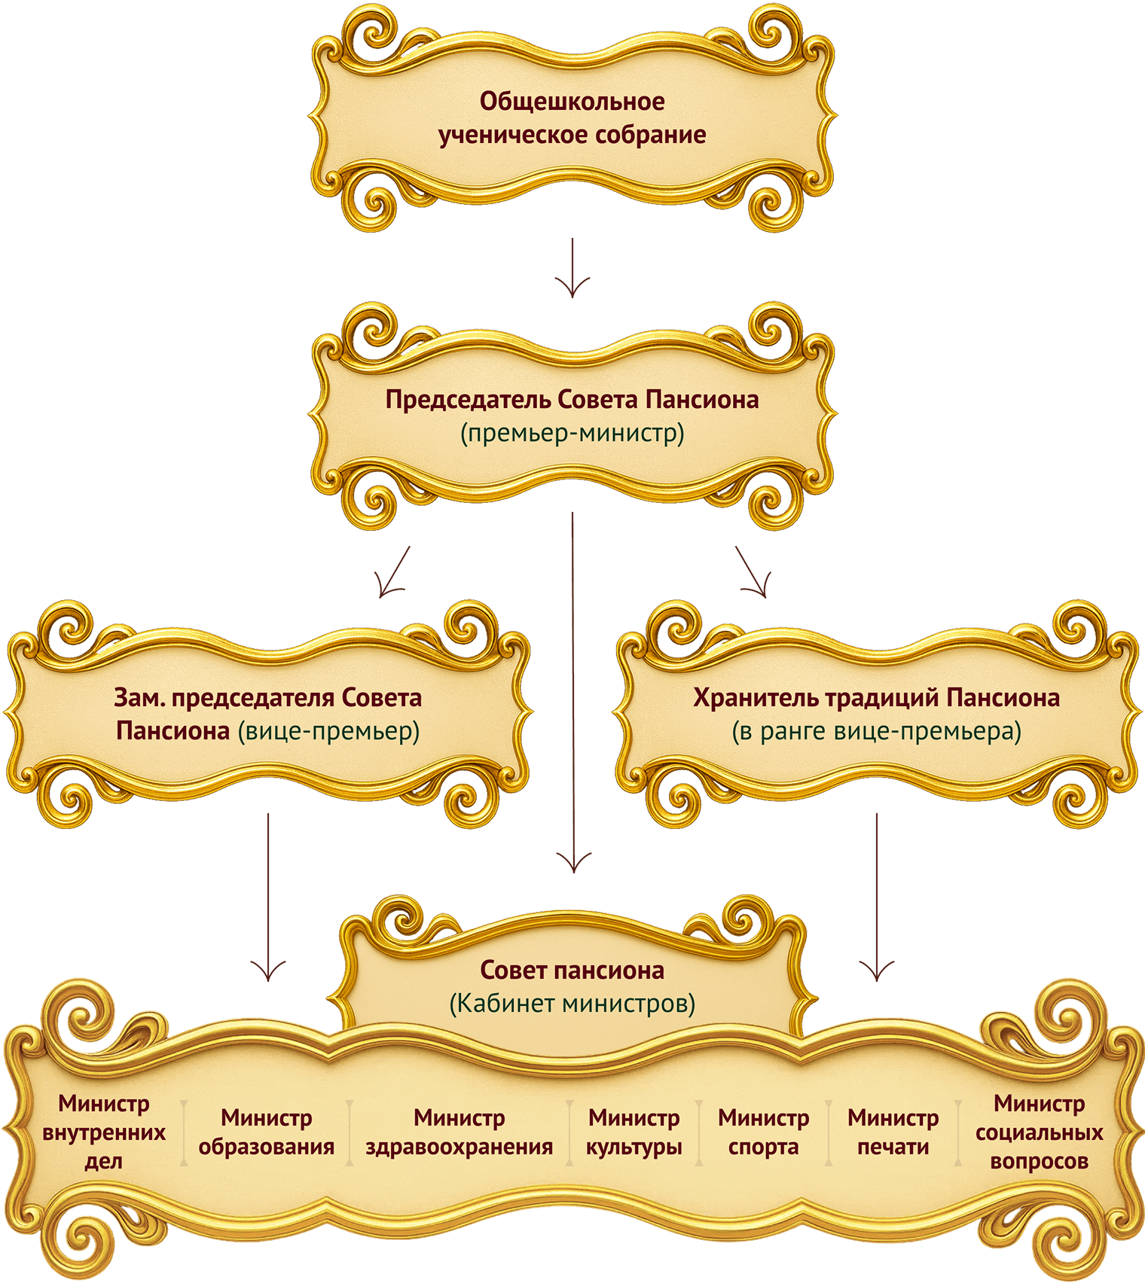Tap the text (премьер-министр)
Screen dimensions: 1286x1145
click(572, 433)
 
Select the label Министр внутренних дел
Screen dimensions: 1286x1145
click(104, 1132)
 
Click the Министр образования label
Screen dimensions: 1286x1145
click(266, 1132)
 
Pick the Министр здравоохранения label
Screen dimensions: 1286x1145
click(459, 1132)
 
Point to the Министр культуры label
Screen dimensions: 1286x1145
click(634, 1132)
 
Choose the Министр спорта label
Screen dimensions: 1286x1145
click(763, 1132)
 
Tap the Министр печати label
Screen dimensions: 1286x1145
click(893, 1132)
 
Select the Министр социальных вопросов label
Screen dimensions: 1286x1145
click(1039, 1132)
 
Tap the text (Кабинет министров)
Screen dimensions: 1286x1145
click(572, 1004)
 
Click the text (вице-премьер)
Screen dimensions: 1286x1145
click(328, 731)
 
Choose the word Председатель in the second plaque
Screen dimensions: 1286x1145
click(468, 399)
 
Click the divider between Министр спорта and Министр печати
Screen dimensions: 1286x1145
click(829, 1132)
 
